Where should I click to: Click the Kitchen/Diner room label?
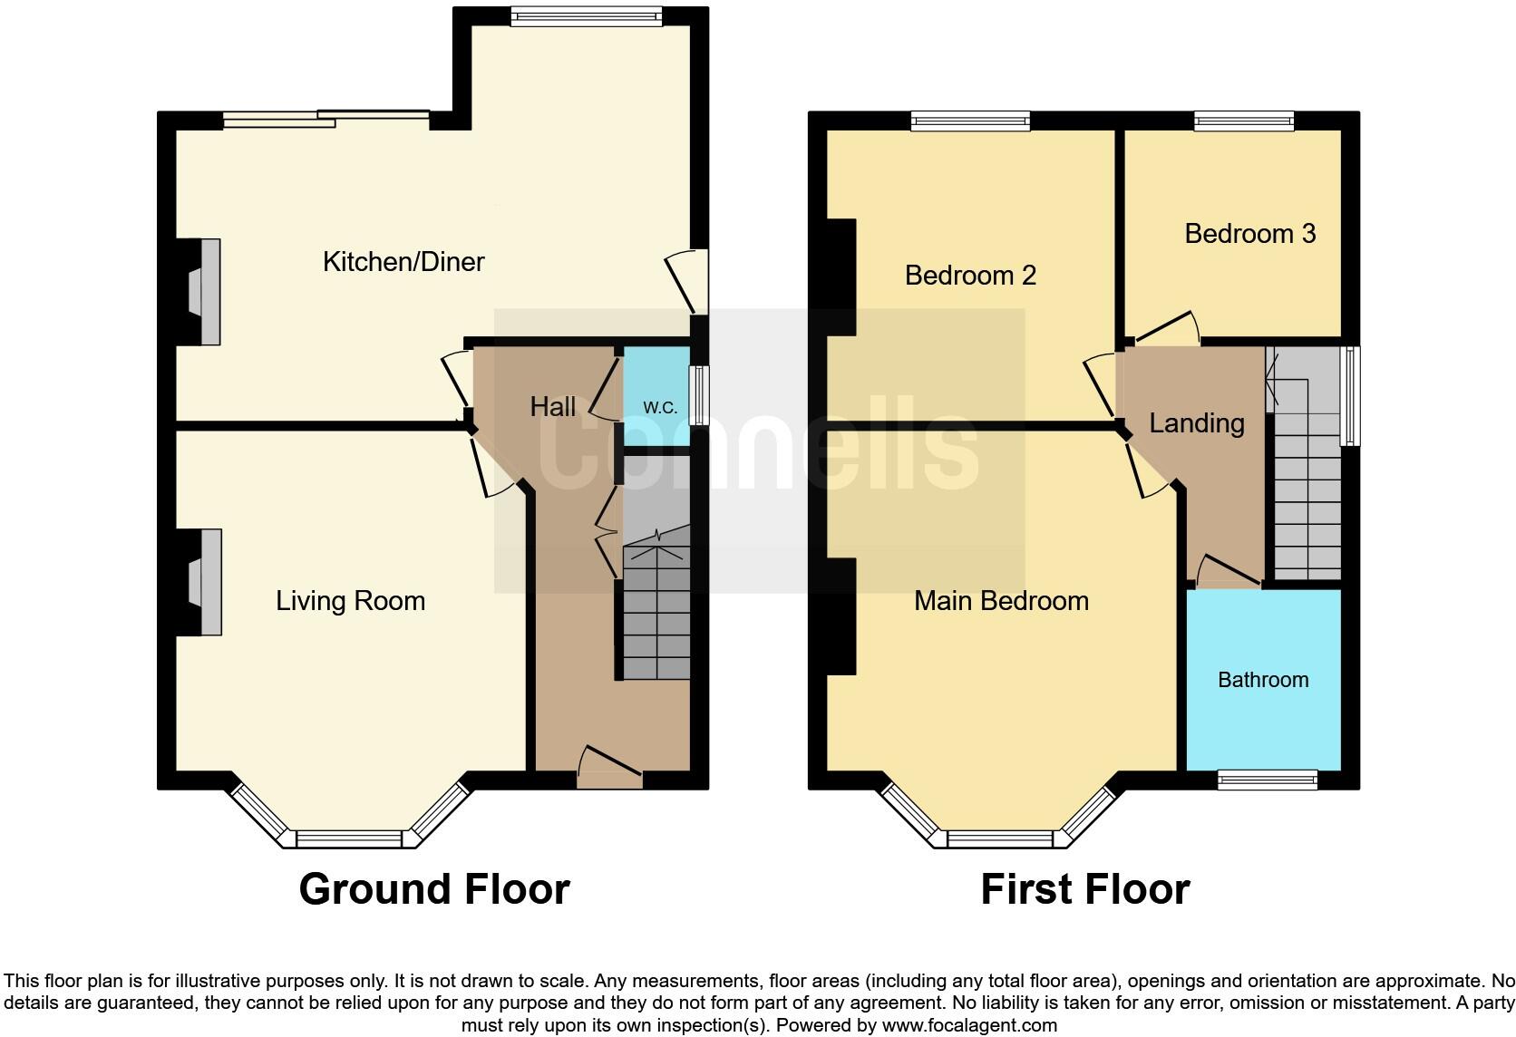[403, 262]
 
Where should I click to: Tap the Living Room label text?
[350, 601]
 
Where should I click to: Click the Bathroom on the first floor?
[1262, 680]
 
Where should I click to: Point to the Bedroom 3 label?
[1249, 234]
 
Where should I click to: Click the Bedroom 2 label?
[970, 276]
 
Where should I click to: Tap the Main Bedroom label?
[1001, 601]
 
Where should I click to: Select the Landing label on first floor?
[1196, 423]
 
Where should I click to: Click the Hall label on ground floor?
[552, 407]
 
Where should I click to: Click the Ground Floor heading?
[434, 889]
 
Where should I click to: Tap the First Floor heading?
[1084, 889]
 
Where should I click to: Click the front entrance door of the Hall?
[609, 770]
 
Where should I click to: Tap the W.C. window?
[698, 394]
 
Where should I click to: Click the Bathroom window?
[1267, 780]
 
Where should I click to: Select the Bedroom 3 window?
[1243, 121]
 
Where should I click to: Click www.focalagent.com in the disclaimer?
[969, 1026]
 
